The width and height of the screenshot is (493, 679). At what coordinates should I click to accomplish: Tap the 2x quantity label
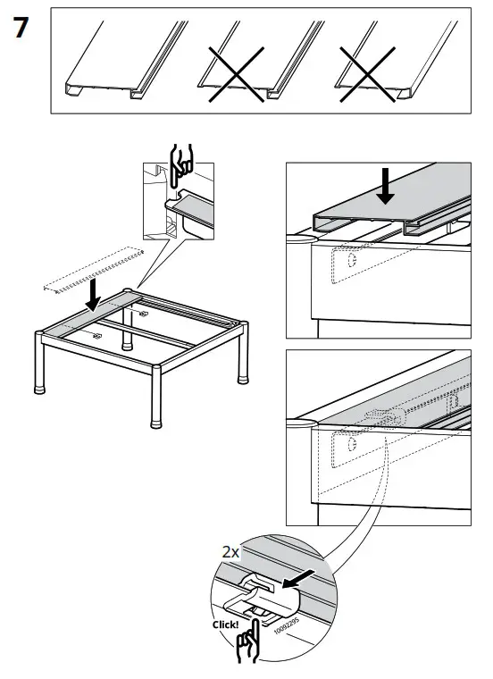pos(231,552)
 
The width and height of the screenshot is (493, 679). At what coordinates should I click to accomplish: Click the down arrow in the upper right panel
pos(388,188)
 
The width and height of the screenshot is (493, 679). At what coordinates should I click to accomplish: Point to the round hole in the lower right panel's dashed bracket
pos(351,443)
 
